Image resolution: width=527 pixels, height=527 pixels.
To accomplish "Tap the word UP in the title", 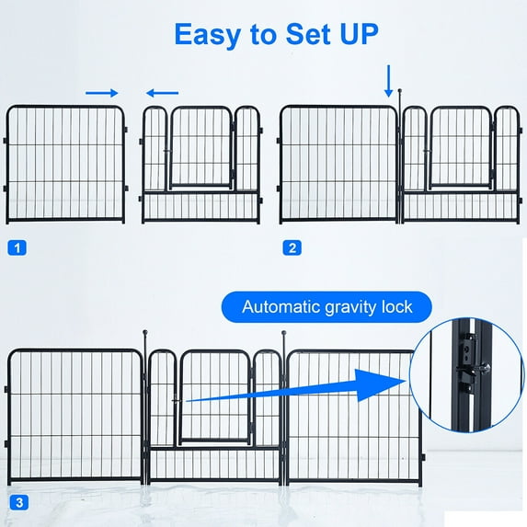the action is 359,34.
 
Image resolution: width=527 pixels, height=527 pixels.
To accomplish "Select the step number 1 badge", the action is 17,248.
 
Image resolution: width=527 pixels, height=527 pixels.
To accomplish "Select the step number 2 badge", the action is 292,247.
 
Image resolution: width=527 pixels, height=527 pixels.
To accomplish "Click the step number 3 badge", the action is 19,502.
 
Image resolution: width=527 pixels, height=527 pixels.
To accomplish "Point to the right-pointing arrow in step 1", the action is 102,93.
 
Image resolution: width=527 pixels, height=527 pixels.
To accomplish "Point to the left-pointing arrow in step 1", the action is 163,93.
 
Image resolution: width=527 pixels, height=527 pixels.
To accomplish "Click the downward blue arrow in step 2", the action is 388,81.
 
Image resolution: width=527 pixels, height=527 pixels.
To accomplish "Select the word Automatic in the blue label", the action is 281,306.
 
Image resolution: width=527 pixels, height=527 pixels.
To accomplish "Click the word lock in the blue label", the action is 397,306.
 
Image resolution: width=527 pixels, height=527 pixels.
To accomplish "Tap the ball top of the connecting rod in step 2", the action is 400,90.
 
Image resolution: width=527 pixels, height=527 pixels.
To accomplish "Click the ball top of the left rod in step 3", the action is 145,332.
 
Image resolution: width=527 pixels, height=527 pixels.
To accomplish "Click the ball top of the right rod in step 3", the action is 284,332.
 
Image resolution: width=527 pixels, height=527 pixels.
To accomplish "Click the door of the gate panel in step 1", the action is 201,147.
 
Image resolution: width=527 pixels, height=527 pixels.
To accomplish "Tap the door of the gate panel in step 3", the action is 214,397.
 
